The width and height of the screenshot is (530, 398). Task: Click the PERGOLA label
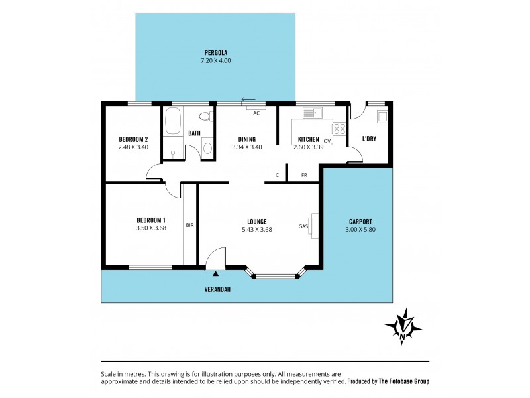[216, 52]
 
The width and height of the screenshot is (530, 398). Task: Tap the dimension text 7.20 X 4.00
[216, 60]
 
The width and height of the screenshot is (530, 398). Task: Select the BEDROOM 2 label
[132, 139]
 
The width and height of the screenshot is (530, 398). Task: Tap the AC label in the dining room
[256, 113]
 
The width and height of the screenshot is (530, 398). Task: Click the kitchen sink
[311, 113]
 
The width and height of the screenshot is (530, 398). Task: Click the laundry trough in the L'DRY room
[382, 118]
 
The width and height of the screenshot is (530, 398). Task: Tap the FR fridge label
[304, 175]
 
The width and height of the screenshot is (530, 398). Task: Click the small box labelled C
[278, 175]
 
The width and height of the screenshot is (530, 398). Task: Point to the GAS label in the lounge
[303, 226]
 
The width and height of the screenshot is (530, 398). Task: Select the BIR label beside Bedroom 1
[190, 226]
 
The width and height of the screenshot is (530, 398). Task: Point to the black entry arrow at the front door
[216, 272]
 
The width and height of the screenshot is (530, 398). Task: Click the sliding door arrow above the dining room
[248, 99]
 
